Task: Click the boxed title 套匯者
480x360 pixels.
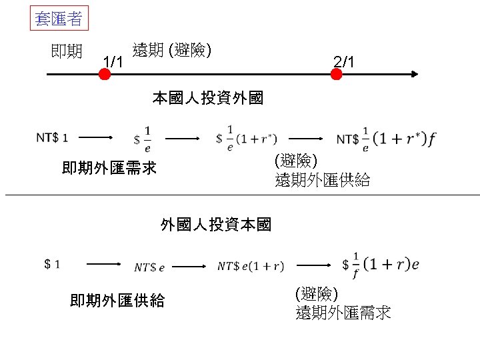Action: [59, 19]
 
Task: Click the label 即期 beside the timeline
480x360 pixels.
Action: [67, 51]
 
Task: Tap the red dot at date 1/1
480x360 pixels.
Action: [104, 75]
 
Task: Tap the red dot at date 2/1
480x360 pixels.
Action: [336, 75]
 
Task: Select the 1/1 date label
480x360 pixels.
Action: [113, 63]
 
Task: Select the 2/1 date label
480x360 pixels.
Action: [347, 63]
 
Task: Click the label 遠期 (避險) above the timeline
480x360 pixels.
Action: [172, 50]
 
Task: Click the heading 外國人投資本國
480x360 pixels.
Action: [216, 225]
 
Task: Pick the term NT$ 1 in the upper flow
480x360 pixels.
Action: [52, 138]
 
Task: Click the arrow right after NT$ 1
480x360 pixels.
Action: [98, 137]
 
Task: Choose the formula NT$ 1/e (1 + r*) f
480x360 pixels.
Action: [387, 138]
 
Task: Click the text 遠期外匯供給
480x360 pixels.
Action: [322, 180]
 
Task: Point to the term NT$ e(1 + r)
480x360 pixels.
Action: [251, 266]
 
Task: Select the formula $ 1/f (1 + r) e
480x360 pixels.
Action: [380, 265]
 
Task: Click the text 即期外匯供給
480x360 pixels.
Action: [117, 301]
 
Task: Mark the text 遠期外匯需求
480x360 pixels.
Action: [343, 313]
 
